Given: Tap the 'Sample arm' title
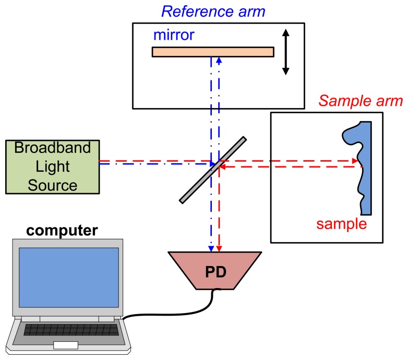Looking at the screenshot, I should click(x=361, y=101).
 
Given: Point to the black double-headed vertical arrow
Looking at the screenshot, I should click(x=285, y=52).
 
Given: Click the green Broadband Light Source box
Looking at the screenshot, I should click(x=52, y=166).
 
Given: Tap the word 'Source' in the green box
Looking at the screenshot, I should click(x=52, y=185).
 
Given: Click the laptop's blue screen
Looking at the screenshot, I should click(x=68, y=277).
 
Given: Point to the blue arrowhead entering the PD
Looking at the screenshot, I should click(x=211, y=248).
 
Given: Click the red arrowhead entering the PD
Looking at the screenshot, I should click(x=219, y=248).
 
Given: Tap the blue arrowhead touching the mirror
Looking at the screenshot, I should click(x=219, y=59).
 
